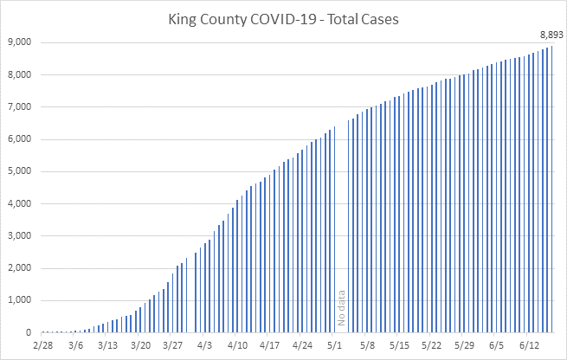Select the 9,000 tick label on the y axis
tap(19, 42)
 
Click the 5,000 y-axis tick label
tap(19, 171)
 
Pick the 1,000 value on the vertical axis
tap(19, 300)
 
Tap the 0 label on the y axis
tap(29, 333)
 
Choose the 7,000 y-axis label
tap(19, 107)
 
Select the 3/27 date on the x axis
tap(172, 345)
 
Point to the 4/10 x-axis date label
tap(237, 345)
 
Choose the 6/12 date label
tap(526, 345)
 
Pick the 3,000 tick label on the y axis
tap(19, 236)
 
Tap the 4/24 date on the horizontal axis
tap(303, 345)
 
